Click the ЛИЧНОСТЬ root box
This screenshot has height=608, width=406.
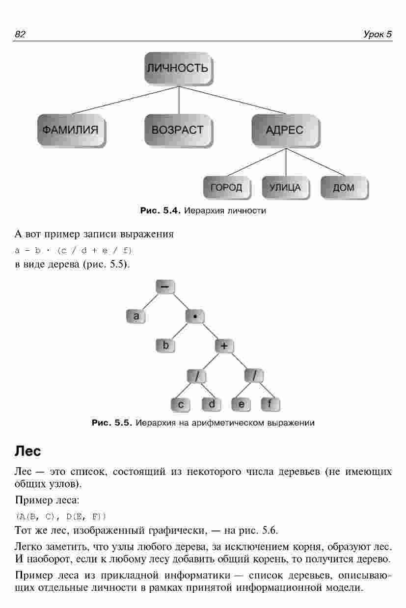(x=178, y=68)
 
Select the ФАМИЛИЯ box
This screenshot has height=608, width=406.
(x=71, y=130)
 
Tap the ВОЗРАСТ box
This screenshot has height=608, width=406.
(x=178, y=130)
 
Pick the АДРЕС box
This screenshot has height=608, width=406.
(x=285, y=130)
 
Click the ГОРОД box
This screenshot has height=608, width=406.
(x=226, y=187)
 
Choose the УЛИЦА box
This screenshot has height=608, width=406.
(x=285, y=187)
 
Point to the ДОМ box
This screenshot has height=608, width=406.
(x=344, y=187)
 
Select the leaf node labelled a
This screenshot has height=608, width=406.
(x=136, y=317)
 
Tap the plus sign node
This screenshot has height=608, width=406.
(x=224, y=345)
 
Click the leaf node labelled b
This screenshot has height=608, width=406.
(x=165, y=345)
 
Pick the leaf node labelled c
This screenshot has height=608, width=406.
(x=180, y=404)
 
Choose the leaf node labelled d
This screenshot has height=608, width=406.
(x=211, y=404)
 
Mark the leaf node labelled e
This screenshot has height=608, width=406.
(x=241, y=404)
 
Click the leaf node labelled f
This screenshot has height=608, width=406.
(x=270, y=404)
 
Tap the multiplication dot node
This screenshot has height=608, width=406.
(x=195, y=317)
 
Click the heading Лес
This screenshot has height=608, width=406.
(x=28, y=450)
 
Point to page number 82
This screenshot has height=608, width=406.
(x=20, y=34)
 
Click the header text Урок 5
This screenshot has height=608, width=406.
(x=378, y=34)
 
